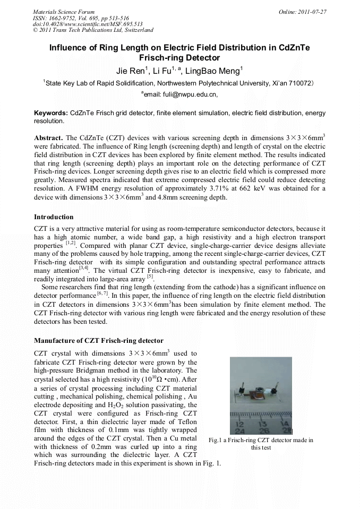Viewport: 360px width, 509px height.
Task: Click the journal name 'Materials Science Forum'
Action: (64, 11)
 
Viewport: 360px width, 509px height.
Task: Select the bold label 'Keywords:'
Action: (51, 113)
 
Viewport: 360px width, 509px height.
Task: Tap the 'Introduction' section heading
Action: (54, 217)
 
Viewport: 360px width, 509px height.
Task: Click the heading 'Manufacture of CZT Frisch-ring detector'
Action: (98, 340)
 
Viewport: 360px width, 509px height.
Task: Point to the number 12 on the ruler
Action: (239, 425)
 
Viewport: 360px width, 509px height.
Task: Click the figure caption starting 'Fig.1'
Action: (261, 444)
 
